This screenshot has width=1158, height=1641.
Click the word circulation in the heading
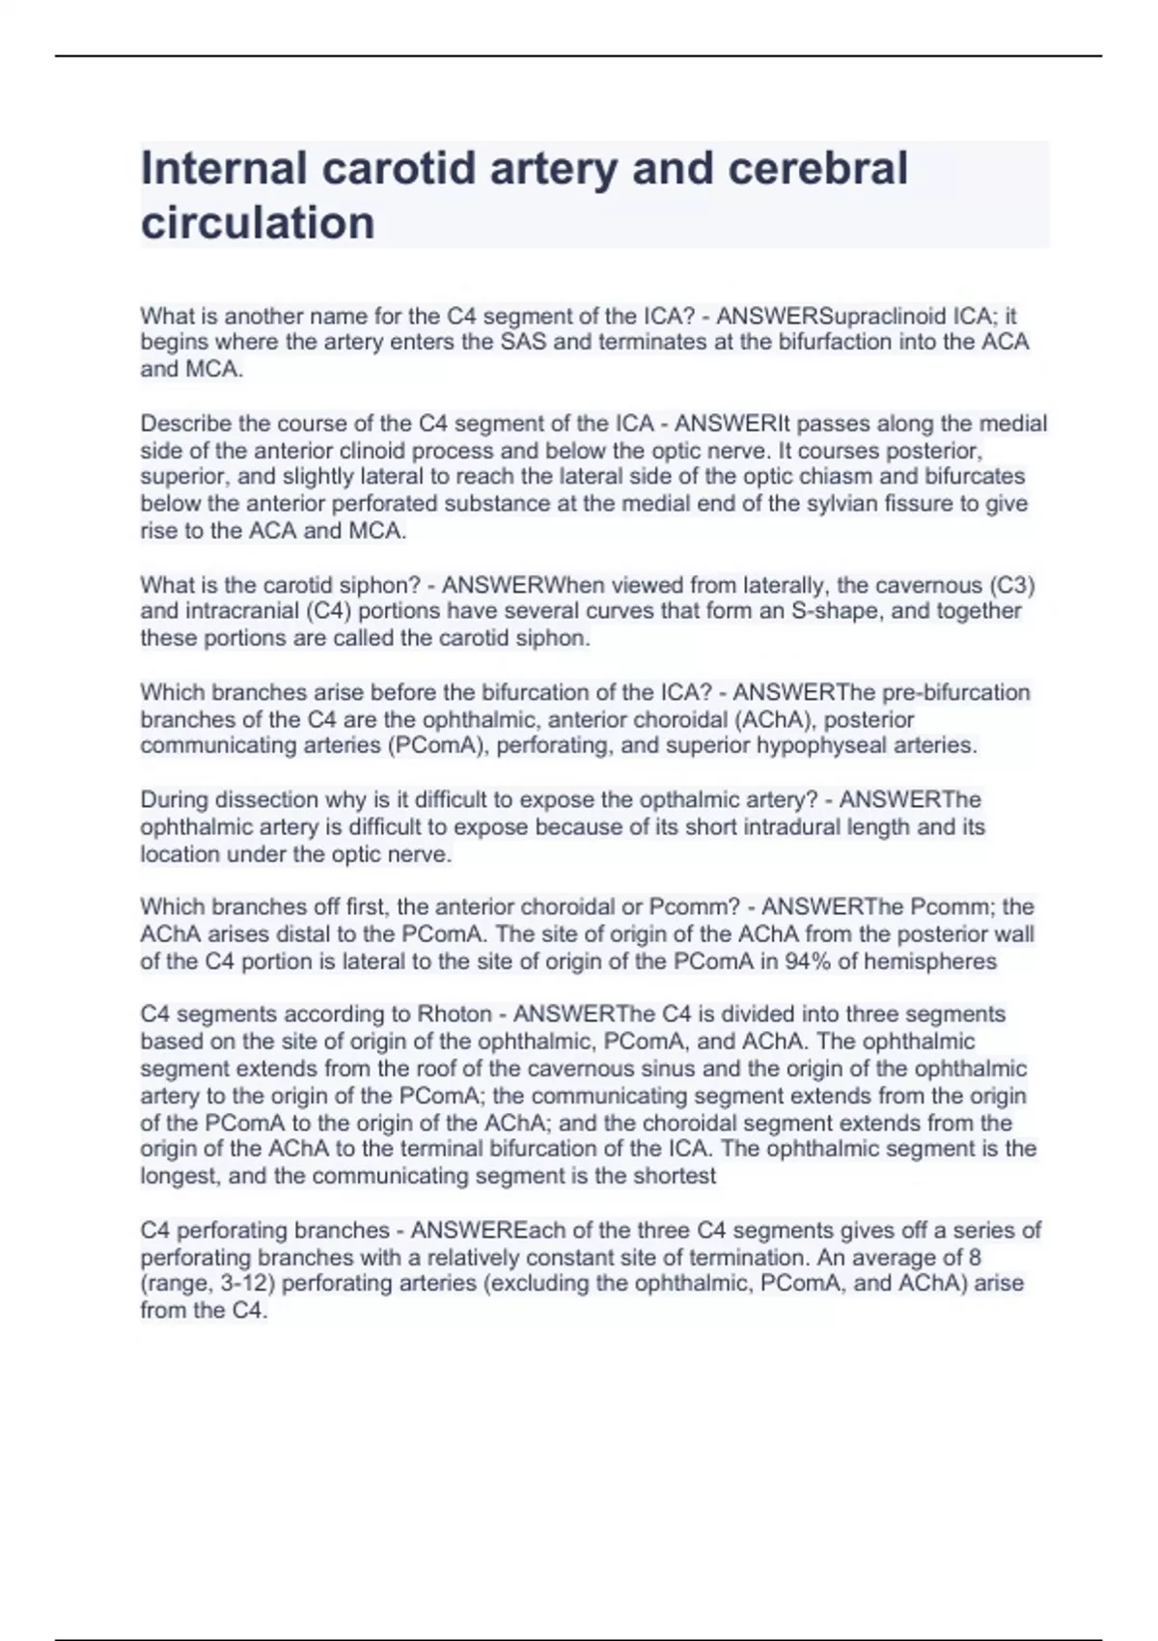point(258,223)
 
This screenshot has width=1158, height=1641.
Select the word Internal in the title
point(223,168)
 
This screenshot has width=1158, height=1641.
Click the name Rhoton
point(454,1015)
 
